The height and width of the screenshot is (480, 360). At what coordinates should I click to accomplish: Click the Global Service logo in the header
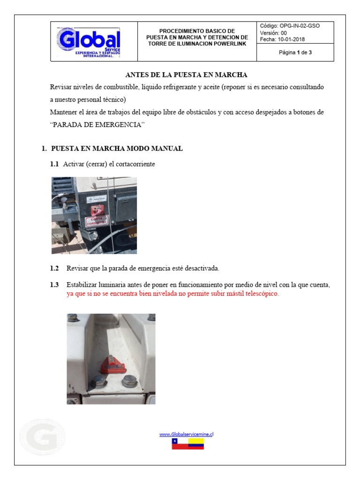(89, 42)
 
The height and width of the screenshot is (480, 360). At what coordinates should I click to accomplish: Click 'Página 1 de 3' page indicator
(295, 52)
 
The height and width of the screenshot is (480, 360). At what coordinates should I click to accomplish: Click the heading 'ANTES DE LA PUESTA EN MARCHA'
(186, 75)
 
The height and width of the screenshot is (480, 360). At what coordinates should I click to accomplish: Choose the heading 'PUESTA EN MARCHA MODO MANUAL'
(117, 149)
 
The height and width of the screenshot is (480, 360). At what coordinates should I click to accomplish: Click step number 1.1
(54, 164)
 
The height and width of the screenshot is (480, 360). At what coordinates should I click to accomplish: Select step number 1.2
(54, 269)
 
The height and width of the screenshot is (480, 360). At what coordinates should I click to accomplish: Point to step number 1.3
(54, 285)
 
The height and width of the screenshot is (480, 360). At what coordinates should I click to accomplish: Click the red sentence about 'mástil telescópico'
(172, 294)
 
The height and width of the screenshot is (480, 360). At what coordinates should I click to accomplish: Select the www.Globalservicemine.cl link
(186, 434)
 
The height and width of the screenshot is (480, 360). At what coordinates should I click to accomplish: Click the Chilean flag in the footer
(180, 444)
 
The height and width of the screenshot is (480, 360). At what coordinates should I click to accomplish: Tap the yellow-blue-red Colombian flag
(196, 444)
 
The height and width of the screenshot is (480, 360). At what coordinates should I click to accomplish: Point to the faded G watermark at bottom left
(42, 437)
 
